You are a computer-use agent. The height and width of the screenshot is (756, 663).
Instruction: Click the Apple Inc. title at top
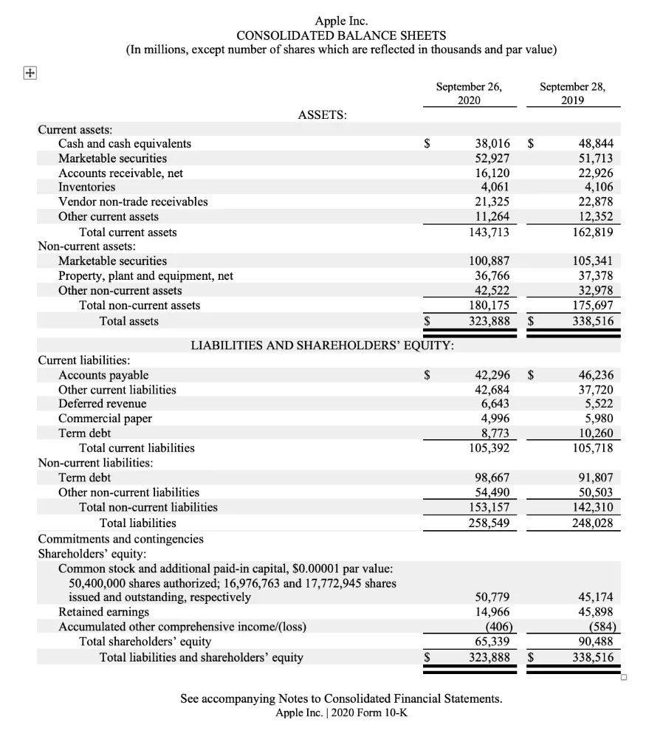[x=341, y=21]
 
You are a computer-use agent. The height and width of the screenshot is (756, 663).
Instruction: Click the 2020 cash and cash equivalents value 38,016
[x=491, y=144]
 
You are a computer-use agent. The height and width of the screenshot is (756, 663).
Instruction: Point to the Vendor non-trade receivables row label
[x=133, y=202]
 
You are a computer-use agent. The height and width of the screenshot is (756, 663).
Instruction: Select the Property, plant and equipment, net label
[x=145, y=276]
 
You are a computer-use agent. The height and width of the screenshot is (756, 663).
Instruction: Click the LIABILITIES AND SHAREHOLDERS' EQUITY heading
[x=323, y=346]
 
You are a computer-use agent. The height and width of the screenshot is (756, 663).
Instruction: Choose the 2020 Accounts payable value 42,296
[x=491, y=375]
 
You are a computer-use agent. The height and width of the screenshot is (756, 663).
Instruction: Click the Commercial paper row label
[x=105, y=419]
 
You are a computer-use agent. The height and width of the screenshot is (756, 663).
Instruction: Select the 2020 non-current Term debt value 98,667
[x=491, y=478]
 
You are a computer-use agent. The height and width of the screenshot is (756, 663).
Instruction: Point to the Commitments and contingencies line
[x=120, y=539]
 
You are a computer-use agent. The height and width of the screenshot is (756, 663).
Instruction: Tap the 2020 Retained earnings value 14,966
[x=491, y=612]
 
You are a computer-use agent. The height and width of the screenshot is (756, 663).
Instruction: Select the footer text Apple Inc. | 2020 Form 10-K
[x=340, y=712]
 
